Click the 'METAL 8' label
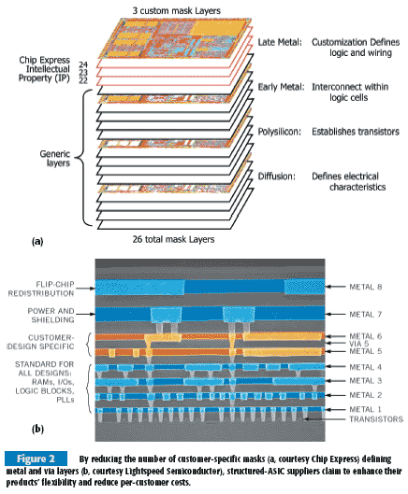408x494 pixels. coord(365,287)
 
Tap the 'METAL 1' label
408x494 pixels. coord(365,409)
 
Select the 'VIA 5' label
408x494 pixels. coord(358,344)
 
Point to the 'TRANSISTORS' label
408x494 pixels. coord(376,419)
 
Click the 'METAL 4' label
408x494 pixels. coord(365,367)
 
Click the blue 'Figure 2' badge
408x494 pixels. coord(36,459)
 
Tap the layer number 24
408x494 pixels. coord(83,64)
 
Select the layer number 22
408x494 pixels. coord(83,80)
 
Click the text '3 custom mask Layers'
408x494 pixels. coord(177,10)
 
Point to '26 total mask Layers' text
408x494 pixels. coord(173,239)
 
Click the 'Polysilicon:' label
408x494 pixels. coord(280,132)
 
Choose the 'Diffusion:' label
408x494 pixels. coord(277,176)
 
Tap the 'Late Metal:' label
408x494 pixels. coord(280,42)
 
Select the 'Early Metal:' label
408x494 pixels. coord(281,87)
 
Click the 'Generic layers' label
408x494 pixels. coord(55,159)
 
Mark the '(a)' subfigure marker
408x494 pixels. coord(37,242)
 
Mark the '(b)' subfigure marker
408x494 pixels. coord(37,430)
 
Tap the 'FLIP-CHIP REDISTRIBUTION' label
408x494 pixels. coord(41,289)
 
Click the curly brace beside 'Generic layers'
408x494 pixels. coord(83,158)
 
